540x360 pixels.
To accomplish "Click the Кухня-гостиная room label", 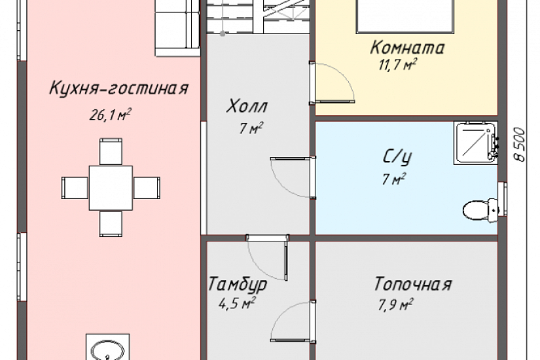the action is (x=119, y=88).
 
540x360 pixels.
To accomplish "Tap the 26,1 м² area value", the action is (x=110, y=115).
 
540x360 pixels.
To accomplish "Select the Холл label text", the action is (x=247, y=106).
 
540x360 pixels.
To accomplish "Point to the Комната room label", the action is (x=407, y=48).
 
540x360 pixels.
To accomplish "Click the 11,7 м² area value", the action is (x=398, y=64).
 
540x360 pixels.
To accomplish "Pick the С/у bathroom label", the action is (x=397, y=158).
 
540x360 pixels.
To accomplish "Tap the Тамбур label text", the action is (x=238, y=285).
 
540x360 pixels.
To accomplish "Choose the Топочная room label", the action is (x=412, y=284).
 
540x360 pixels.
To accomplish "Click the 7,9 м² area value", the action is (x=396, y=305).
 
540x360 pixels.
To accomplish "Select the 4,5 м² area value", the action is (x=236, y=304).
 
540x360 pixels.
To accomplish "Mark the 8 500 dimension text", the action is (x=519, y=145).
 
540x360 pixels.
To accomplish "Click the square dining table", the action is (x=111, y=188).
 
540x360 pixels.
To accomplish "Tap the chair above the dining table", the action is (x=111, y=151).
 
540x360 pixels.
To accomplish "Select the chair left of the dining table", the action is (x=75, y=188).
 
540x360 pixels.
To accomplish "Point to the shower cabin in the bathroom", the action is (x=476, y=143).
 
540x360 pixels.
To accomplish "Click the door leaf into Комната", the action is (x=333, y=101).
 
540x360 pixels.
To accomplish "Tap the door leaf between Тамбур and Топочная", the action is (x=293, y=340).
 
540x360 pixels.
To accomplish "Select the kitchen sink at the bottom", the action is (x=107, y=348).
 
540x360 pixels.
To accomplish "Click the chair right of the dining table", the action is (x=147, y=188).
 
